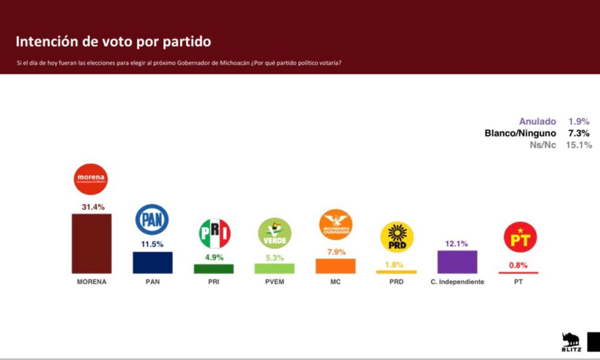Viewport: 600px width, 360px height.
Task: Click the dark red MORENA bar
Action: point(92,243)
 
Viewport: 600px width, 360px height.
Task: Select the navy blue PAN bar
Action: point(152,262)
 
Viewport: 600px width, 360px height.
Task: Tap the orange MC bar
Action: point(335,266)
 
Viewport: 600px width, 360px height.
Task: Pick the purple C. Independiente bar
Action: point(457,262)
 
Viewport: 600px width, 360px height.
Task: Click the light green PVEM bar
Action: point(274,268)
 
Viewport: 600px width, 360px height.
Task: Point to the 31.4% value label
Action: point(93,207)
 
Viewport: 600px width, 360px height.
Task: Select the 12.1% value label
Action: point(457,243)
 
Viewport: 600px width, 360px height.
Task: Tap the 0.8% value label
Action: point(518,264)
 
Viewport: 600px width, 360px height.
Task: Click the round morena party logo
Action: point(91,179)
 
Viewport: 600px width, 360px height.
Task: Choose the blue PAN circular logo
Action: point(152,220)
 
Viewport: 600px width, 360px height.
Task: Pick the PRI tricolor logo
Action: point(214,234)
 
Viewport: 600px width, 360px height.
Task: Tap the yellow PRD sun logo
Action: point(397,237)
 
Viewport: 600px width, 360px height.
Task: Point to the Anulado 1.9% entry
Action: point(554,121)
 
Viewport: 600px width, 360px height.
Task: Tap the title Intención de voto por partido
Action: point(113,41)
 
